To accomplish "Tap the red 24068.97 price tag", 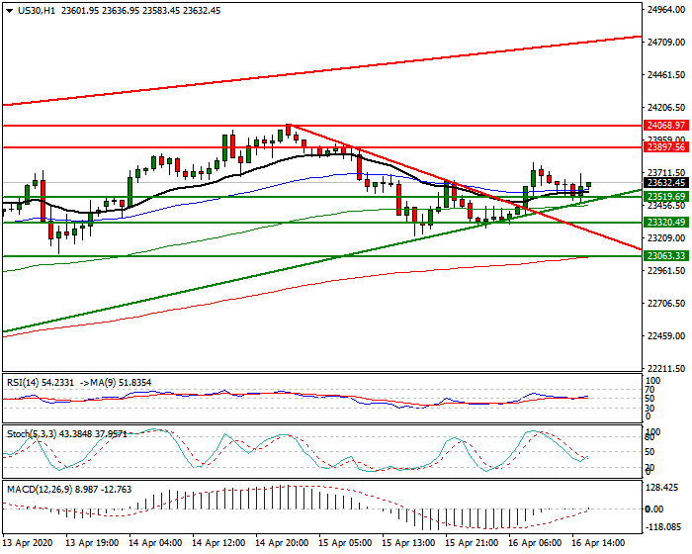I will click(x=665, y=126).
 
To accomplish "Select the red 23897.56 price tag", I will click(x=665, y=146).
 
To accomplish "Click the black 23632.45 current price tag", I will click(x=665, y=182).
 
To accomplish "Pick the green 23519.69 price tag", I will click(x=665, y=197).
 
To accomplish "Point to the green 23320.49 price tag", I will click(x=665, y=223).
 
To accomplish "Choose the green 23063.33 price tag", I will click(x=665, y=256).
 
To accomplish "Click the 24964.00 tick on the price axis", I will click(x=666, y=10).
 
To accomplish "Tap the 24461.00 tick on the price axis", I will click(x=666, y=74).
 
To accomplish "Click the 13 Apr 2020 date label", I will click(x=27, y=544).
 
